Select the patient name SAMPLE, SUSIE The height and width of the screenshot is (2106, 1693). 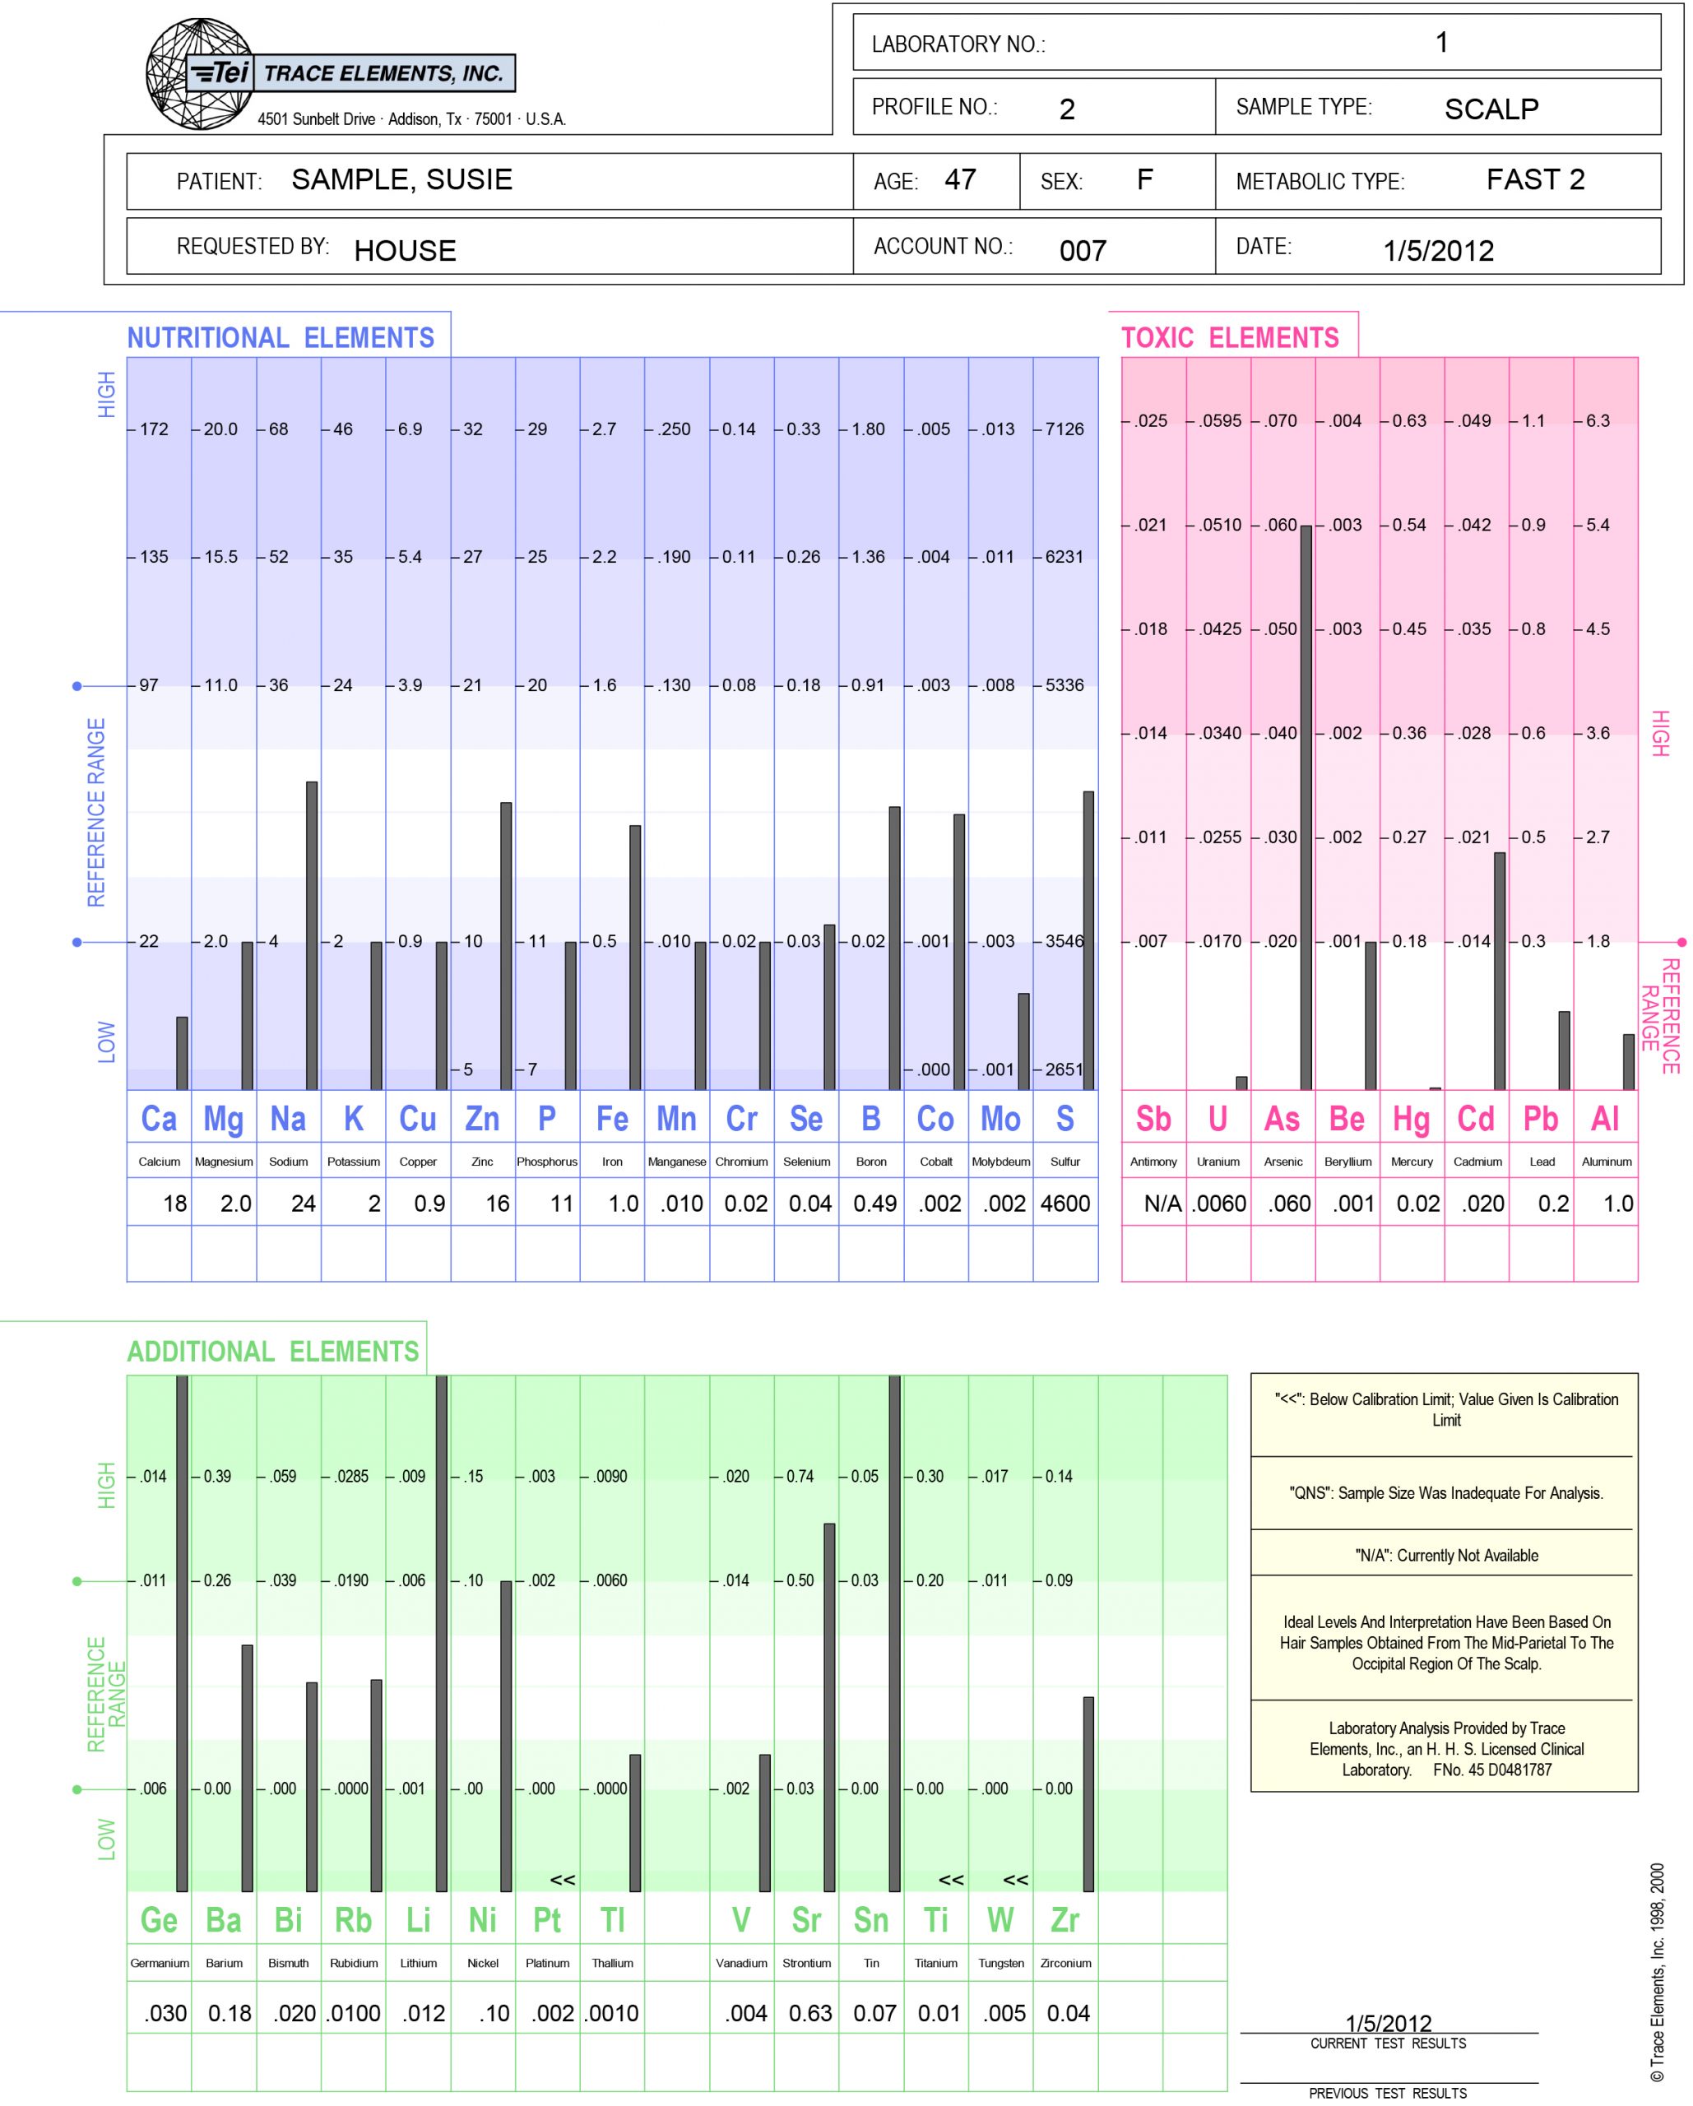tap(401, 179)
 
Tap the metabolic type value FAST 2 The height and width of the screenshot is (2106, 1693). tap(1535, 179)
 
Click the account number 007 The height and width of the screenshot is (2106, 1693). tap(1083, 251)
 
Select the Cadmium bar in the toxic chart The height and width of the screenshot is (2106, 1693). tap(1500, 971)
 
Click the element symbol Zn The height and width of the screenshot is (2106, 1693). tap(483, 1120)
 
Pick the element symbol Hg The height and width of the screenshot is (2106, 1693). tap(1412, 1120)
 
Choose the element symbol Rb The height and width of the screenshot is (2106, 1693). tap(354, 1920)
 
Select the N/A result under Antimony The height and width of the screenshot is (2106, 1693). tap(1162, 1204)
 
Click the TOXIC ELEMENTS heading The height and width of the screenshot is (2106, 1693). tap(1230, 338)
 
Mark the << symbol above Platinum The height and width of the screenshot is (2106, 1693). tap(563, 1880)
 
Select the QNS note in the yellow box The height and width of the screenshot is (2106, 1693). tap(1446, 1492)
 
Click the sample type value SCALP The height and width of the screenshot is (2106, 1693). tap(1491, 109)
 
